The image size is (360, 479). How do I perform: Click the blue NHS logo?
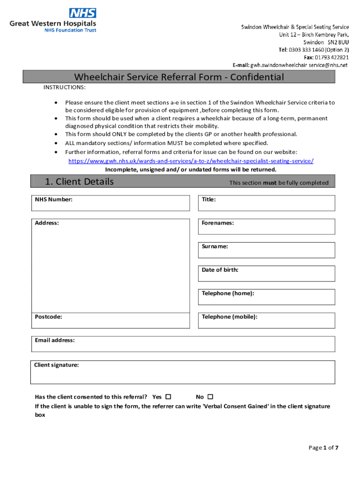point(83,13)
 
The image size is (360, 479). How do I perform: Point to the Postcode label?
point(48,317)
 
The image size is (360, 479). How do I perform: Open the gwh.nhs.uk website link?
point(191,161)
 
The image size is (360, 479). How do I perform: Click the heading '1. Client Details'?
point(79,181)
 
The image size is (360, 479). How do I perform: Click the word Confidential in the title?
point(255,77)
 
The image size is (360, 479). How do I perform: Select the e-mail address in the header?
point(299,65)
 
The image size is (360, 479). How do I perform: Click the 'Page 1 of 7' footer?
point(323,448)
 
